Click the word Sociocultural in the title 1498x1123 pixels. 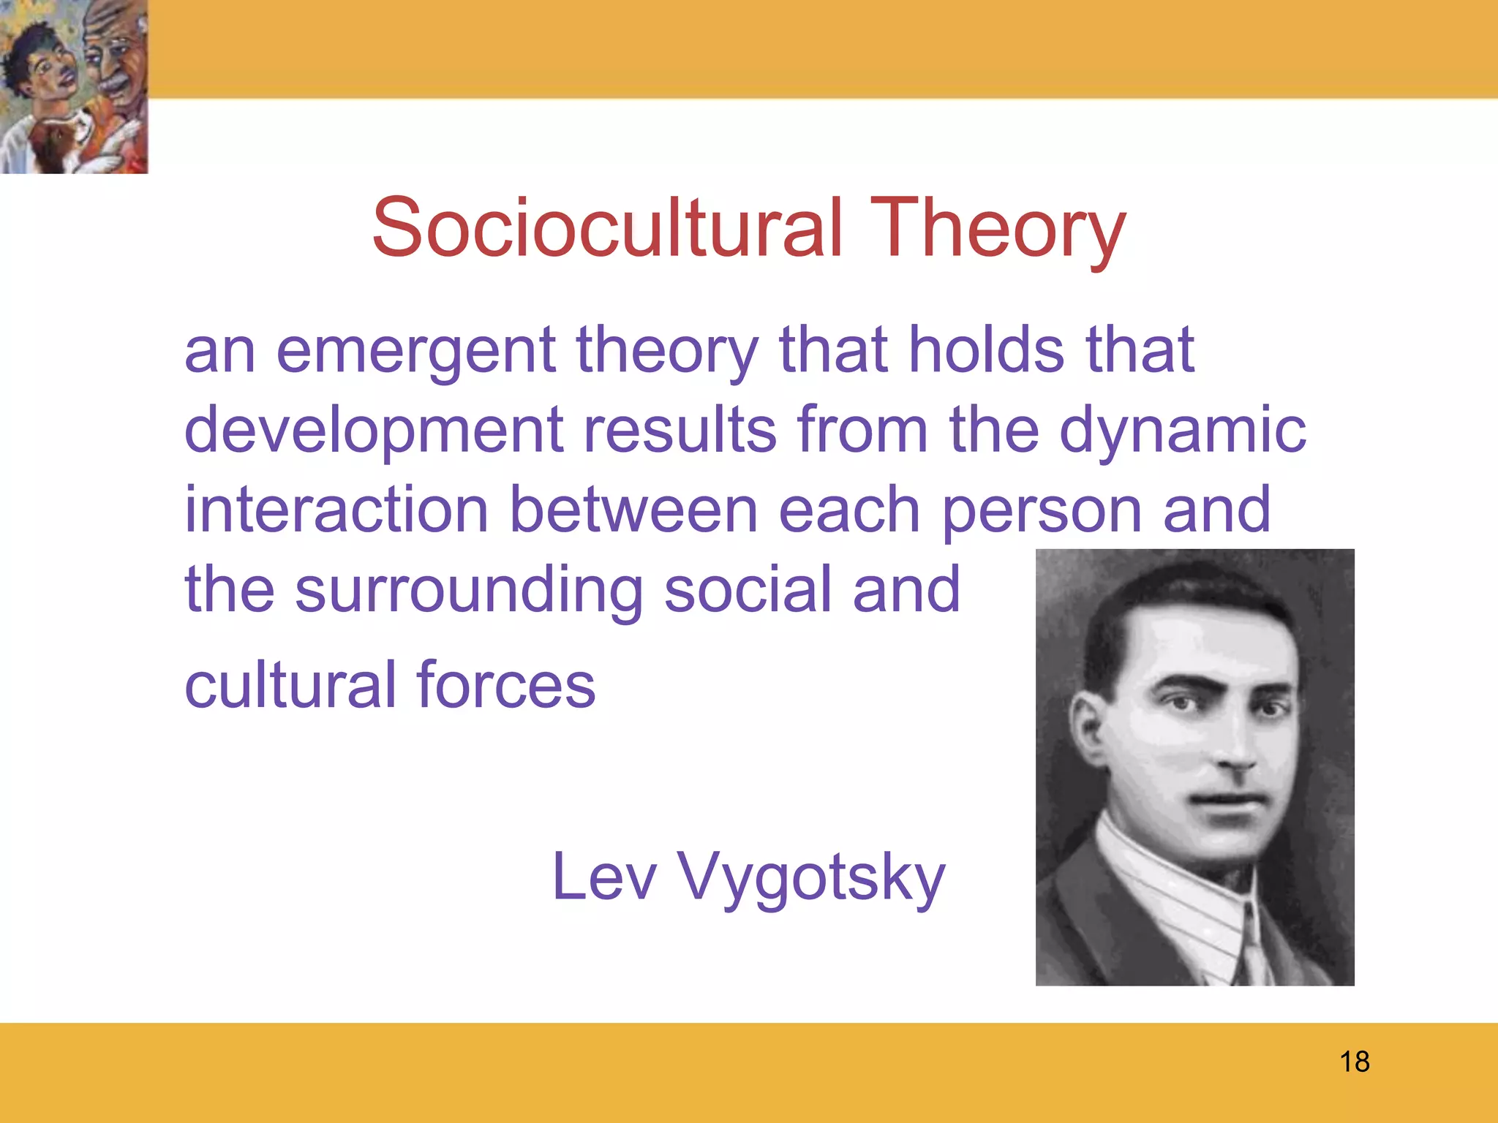607,228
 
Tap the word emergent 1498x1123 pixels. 415,352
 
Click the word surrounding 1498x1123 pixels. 468,591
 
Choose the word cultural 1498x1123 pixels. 291,685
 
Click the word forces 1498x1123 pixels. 506,685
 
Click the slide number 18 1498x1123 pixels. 1355,1062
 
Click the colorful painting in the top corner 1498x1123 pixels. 74,86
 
